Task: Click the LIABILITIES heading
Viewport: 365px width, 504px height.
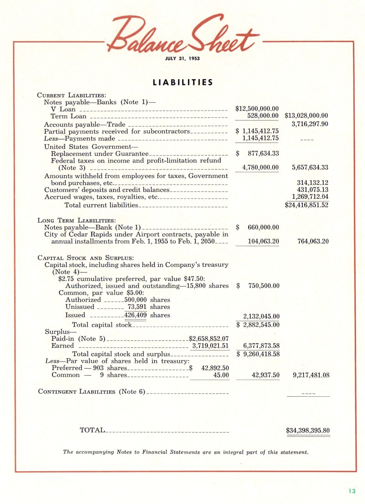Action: [182, 83]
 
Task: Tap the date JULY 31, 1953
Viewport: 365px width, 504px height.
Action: [182, 58]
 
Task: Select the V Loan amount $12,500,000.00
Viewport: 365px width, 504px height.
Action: [257, 109]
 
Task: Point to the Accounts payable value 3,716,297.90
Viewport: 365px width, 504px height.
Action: [310, 124]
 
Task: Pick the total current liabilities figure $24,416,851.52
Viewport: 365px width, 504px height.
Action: [307, 205]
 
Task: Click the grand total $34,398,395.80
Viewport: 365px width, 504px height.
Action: [308, 430]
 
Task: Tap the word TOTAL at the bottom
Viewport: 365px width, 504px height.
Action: [93, 430]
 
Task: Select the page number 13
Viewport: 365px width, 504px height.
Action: [351, 491]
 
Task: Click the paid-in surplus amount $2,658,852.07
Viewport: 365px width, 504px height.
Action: [209, 339]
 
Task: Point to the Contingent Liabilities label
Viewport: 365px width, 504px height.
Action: [91, 392]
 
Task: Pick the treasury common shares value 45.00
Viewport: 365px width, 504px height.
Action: [221, 375]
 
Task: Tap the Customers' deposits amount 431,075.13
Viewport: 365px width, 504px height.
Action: [313, 190]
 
